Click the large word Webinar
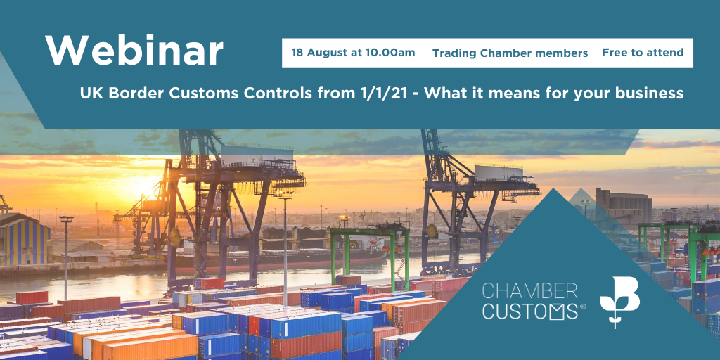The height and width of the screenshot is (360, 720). tap(134, 50)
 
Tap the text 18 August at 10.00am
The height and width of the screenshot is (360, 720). tap(353, 53)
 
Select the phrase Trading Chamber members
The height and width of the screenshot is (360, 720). tap(510, 53)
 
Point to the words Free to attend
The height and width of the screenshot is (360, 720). tap(643, 52)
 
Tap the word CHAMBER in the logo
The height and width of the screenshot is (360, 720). tap(529, 292)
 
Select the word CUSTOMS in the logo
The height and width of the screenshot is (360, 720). tap(529, 311)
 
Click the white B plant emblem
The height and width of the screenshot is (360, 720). tap(619, 301)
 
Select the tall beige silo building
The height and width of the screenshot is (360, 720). tap(624, 205)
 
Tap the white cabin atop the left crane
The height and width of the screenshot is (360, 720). tap(257, 155)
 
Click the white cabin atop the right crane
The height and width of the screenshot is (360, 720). tap(499, 173)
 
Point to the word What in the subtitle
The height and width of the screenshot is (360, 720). tap(444, 94)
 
